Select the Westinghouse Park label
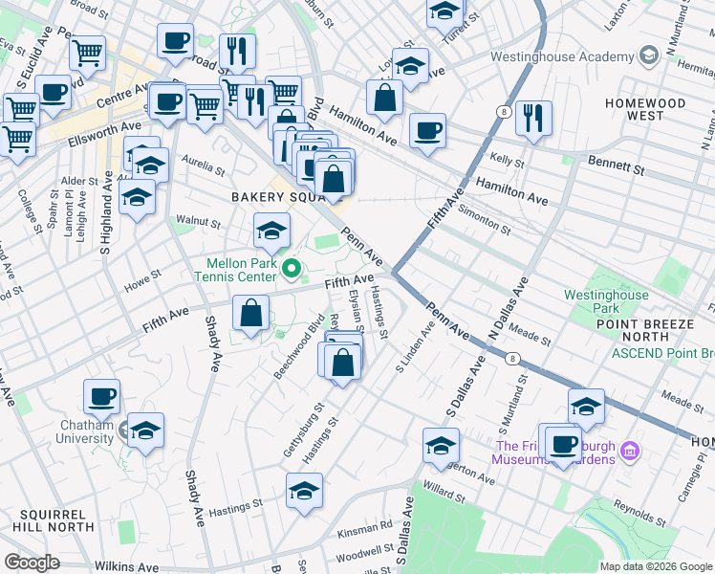point(605,302)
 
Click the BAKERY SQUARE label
point(273,197)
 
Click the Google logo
point(32,563)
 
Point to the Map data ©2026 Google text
point(655,566)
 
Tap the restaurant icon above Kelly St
point(533,118)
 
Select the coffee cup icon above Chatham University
point(101,396)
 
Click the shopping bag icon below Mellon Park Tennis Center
point(250,313)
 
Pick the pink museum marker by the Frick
point(629,449)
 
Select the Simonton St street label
point(484,216)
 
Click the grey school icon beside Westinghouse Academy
point(649,55)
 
